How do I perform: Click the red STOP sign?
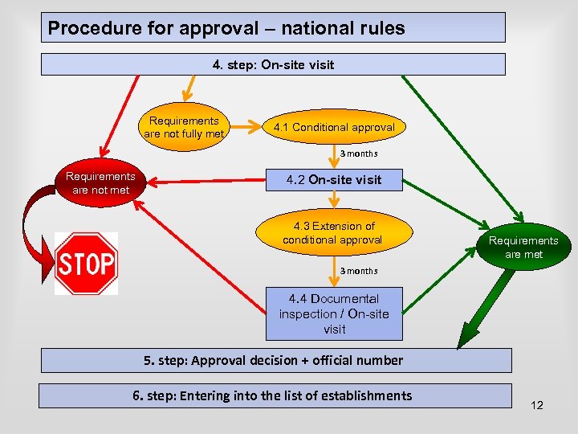[x=86, y=263]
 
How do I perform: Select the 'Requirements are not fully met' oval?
[x=184, y=128]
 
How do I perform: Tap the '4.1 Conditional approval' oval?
[x=333, y=128]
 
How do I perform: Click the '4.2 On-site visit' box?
[x=334, y=179]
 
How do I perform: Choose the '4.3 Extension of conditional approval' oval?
[x=332, y=233]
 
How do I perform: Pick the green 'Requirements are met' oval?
[x=523, y=247]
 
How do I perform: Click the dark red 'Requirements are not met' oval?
[x=100, y=182]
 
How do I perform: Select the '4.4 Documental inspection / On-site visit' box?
[x=334, y=314]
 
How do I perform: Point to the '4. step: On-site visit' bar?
[x=273, y=64]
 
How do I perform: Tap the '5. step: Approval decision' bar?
[x=273, y=360]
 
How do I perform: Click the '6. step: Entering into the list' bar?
[x=273, y=395]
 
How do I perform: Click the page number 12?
[x=537, y=405]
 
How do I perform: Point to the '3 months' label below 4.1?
[x=358, y=154]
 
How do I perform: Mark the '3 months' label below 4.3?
[x=358, y=271]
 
